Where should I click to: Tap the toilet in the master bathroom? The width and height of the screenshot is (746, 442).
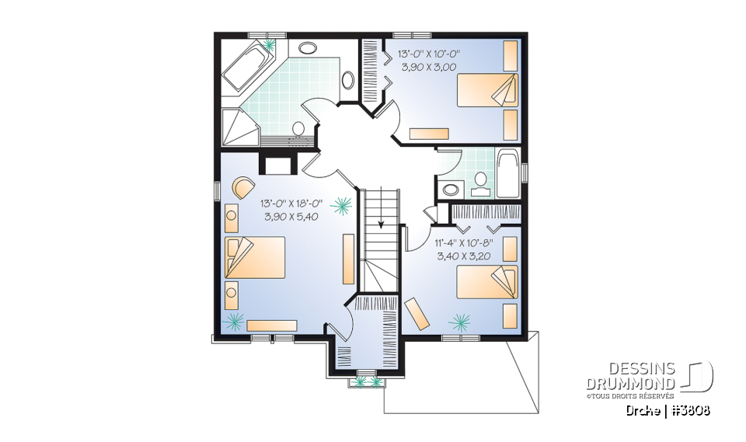298,129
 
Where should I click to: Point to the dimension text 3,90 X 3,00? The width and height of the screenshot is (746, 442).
429,68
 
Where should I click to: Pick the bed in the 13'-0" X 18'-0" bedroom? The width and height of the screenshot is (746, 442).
255,257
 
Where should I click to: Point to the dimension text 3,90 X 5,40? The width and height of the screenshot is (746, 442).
290,217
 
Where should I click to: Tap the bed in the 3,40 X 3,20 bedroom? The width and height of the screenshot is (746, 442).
486,282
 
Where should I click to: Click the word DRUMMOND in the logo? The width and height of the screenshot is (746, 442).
630,384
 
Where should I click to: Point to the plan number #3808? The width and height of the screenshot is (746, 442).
692,409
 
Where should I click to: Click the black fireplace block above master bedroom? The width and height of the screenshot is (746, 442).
276,164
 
